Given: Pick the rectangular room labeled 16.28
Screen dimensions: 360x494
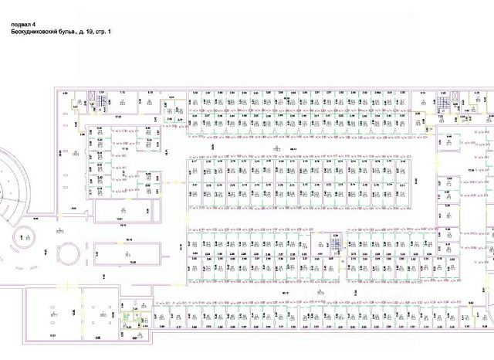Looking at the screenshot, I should [133, 261].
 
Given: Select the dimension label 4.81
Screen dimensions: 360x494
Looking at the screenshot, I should [137, 337].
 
